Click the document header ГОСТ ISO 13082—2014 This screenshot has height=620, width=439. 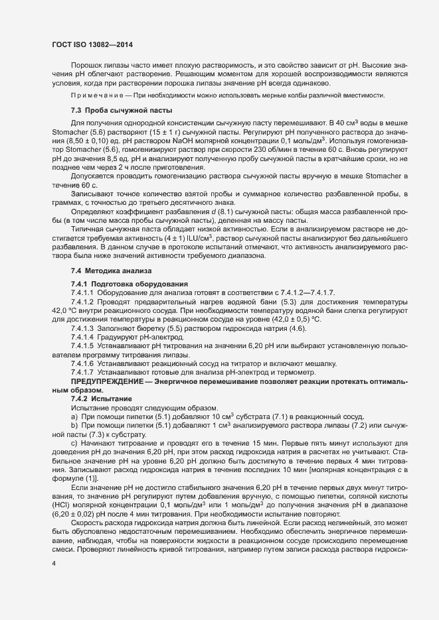(94, 45)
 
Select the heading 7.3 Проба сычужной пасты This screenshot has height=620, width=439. (112, 109)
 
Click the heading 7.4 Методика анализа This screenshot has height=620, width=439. (102, 271)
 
